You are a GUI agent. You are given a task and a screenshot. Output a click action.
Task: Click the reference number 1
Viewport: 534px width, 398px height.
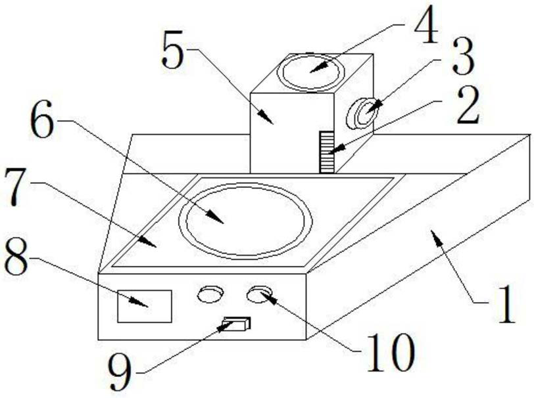click(505, 306)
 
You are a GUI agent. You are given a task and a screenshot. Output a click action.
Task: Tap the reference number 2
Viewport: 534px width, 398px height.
click(468, 109)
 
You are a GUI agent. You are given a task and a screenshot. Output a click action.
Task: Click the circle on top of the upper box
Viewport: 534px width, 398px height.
click(311, 71)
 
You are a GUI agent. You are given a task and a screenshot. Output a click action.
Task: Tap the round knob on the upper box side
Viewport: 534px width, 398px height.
click(364, 112)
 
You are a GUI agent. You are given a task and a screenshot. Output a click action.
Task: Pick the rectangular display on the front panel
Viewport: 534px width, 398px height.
click(144, 306)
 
